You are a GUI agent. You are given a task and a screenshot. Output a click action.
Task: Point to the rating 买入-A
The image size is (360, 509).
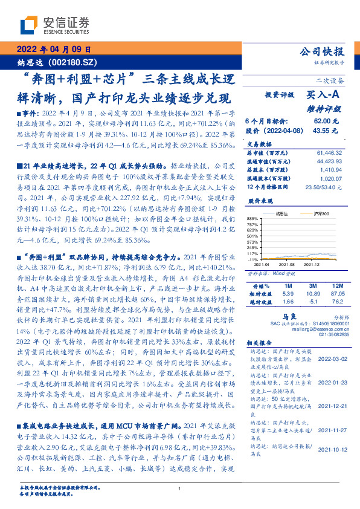pos(323,96)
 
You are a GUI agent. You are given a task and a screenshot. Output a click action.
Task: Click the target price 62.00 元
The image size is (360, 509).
pos(326,121)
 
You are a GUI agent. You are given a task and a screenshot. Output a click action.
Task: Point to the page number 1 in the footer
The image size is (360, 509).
pos(180,489)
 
